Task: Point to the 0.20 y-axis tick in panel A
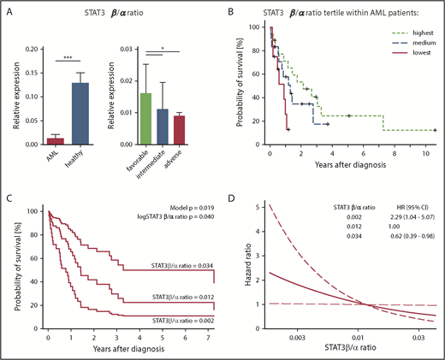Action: pos(30,50)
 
